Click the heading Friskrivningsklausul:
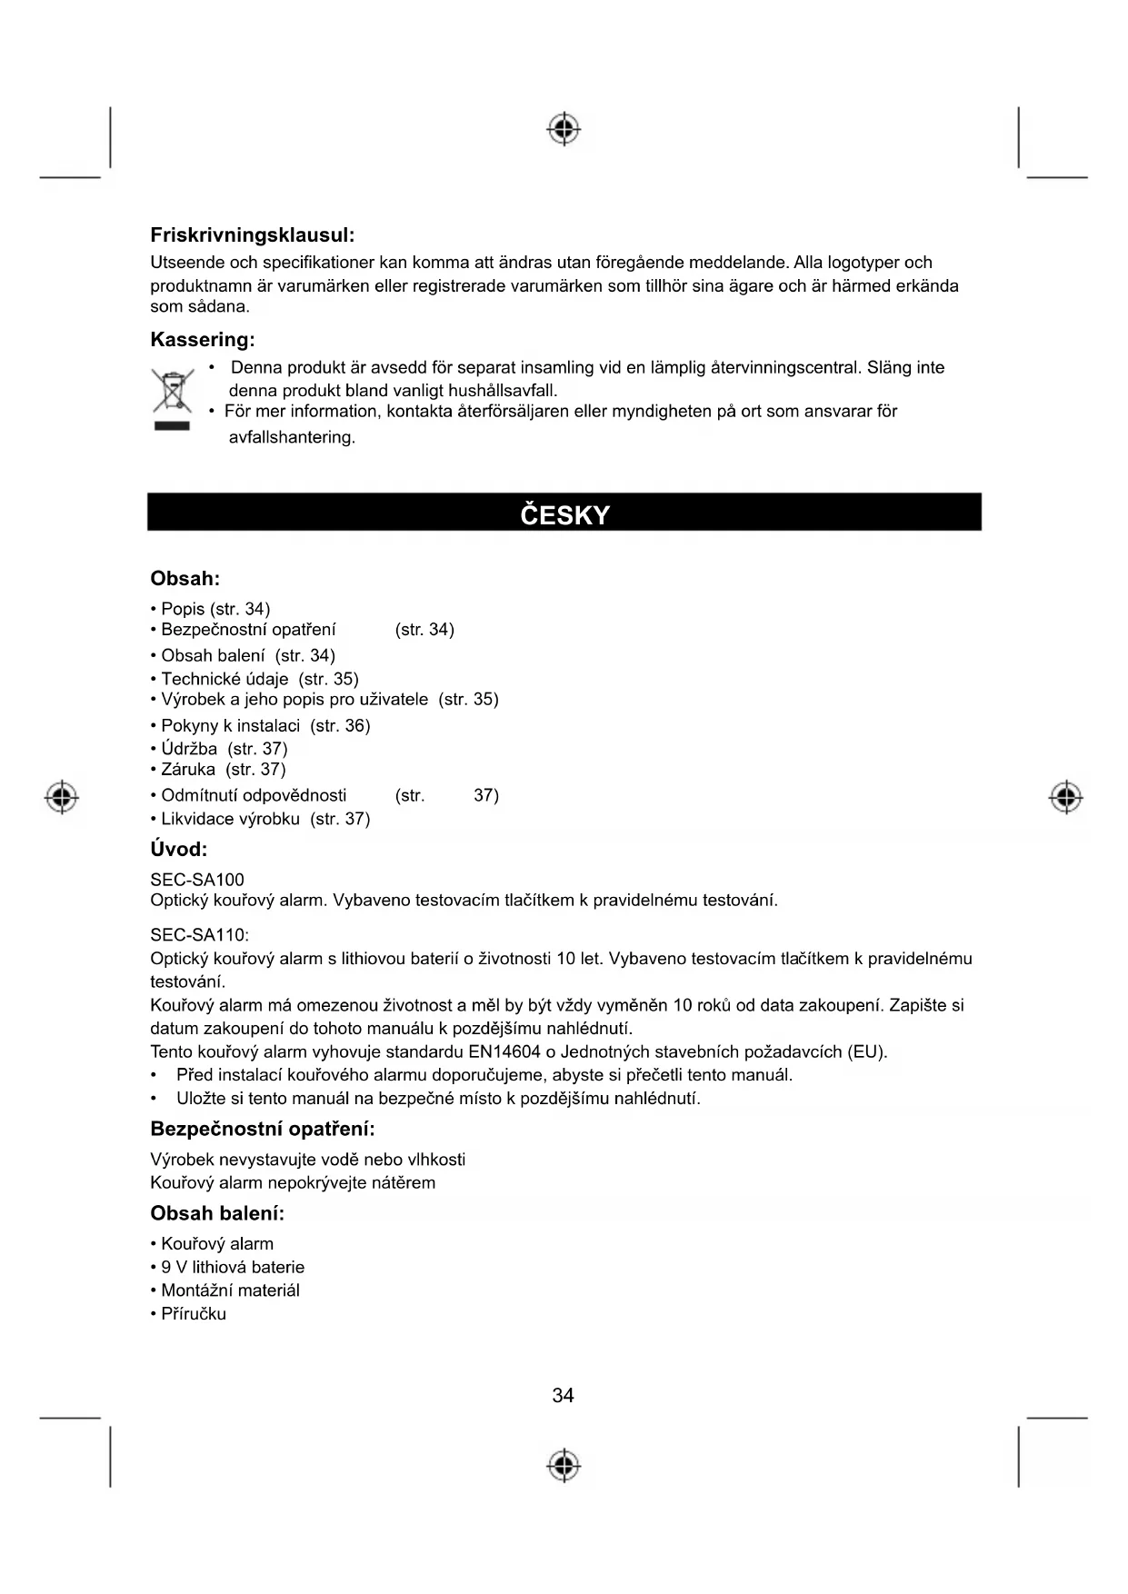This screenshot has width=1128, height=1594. (252, 235)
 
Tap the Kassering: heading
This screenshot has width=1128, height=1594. (202, 340)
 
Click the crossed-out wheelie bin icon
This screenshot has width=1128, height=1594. (172, 392)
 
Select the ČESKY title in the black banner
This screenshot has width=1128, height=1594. (564, 515)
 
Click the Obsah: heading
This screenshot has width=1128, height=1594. (185, 579)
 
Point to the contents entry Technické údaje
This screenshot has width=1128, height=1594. (225, 679)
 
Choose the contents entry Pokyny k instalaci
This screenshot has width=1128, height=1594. (230, 725)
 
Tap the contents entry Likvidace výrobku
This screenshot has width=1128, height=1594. (230, 819)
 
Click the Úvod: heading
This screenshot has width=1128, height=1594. (178, 850)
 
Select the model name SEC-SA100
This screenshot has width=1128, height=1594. (197, 880)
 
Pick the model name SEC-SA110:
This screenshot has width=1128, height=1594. (199, 935)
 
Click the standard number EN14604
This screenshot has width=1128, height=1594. (504, 1052)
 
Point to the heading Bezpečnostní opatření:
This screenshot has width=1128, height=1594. (262, 1130)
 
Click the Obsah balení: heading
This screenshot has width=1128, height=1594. (217, 1214)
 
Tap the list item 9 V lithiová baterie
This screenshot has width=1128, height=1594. (233, 1267)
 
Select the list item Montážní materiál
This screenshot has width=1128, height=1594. (230, 1290)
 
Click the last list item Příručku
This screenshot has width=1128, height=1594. (193, 1314)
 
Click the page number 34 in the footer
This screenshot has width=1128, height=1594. (563, 1396)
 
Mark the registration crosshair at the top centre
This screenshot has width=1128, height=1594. (564, 130)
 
